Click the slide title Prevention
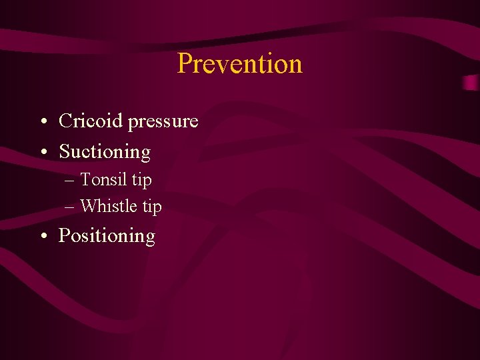point(240,64)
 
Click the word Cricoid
point(91,121)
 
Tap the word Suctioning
point(105,152)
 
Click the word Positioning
point(107,236)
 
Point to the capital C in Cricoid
point(65,121)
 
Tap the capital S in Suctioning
point(65,152)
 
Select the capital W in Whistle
point(89,207)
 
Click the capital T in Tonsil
point(85,180)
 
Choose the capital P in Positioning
point(65,236)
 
